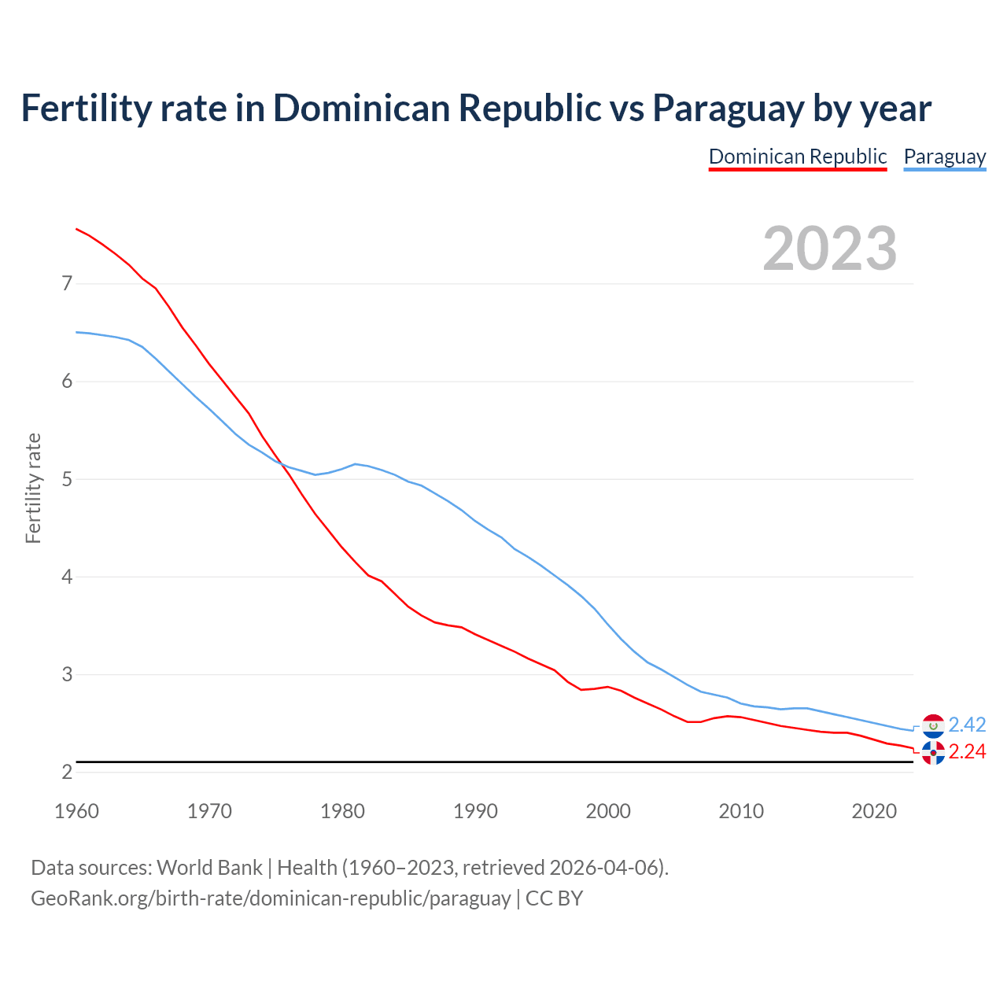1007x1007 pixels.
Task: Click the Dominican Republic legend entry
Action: pos(798,157)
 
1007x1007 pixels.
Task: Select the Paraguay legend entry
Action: pos(944,157)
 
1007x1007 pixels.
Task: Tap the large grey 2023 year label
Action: pos(830,249)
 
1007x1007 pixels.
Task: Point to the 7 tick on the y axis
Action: pos(67,283)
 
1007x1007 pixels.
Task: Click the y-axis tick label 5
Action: pos(67,479)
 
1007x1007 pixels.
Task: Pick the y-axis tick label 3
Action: pos(67,675)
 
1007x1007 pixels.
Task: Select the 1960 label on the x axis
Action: pos(76,811)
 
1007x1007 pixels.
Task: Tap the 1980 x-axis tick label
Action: pos(342,811)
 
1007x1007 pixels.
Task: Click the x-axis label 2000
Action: pos(608,811)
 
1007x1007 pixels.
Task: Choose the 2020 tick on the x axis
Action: pos(874,811)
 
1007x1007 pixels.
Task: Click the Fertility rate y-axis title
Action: pos(33,488)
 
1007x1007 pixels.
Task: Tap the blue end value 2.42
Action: pos(967,725)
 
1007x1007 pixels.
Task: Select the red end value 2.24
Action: pos(967,752)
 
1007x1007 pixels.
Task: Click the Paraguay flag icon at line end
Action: pos(933,725)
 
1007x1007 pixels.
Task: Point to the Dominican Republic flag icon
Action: pos(933,753)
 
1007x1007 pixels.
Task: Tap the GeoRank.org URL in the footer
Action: pos(271,898)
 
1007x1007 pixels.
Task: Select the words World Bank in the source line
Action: pos(209,868)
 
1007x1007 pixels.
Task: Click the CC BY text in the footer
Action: pos(554,898)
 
